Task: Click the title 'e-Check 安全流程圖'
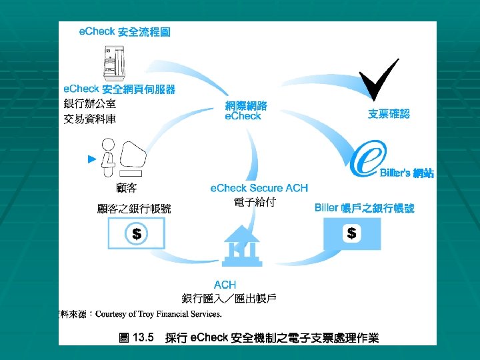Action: [x=124, y=32]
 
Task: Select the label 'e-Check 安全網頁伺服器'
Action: [x=119, y=89]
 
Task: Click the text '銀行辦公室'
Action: [x=89, y=104]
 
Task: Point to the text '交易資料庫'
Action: [x=89, y=119]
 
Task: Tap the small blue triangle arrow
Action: [x=93, y=159]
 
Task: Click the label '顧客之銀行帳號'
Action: [x=134, y=209]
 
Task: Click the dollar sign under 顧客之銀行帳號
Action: [x=136, y=234]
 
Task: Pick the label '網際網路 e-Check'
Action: [x=246, y=111]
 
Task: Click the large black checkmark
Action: [x=377, y=79]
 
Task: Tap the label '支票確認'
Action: [x=389, y=114]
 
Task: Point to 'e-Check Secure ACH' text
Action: [x=259, y=189]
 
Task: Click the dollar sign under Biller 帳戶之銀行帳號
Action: [x=351, y=233]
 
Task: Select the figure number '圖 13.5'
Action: [x=136, y=338]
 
